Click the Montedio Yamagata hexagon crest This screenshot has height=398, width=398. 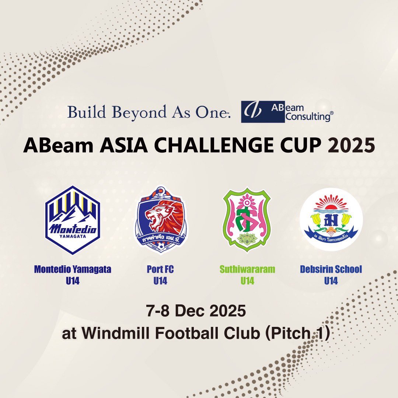pos(73,220)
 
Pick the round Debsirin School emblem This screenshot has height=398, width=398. pos(331,219)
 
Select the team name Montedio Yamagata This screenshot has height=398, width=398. pos(73,269)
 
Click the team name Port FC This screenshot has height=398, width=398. pos(160,269)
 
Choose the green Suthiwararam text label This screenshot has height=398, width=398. pos(247,269)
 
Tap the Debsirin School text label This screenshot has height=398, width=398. pos(331,269)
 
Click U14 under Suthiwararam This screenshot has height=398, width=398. pos(247,281)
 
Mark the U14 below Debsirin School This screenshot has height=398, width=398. pos(331,281)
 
